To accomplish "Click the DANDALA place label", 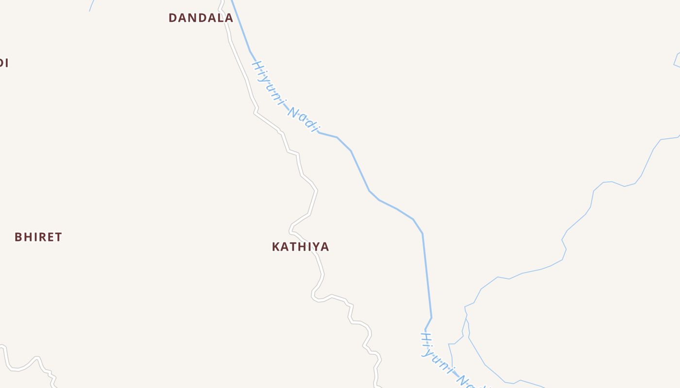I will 201,18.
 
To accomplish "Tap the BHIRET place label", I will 38,237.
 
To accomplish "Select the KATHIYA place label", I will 300,247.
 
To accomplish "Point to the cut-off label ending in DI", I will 3,63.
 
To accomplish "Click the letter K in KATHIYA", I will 276,247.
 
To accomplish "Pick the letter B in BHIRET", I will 18,237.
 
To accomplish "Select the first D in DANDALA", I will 172,18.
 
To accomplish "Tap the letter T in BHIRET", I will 59,237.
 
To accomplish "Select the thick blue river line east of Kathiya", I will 426,272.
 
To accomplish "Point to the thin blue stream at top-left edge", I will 91,6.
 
